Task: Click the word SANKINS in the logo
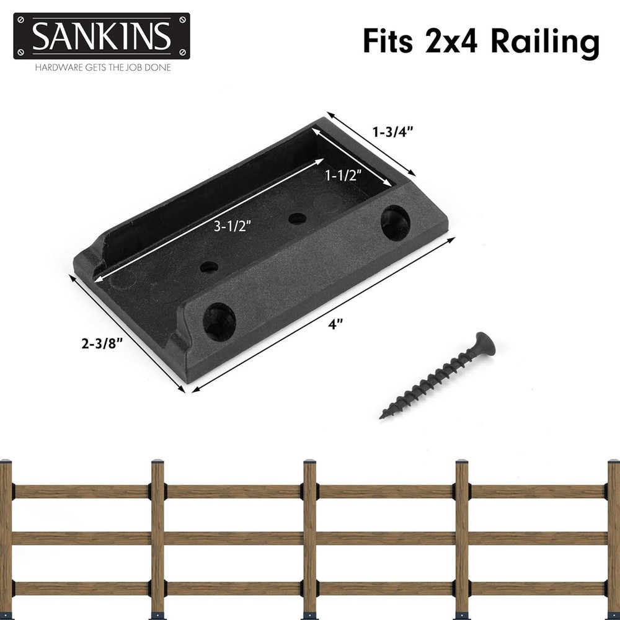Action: (101, 37)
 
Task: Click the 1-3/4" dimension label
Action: (392, 131)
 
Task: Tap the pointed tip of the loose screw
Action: (383, 416)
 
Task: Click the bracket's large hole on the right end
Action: (394, 223)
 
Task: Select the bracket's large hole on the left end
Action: (219, 321)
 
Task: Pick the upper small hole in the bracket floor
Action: (298, 218)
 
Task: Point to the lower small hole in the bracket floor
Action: (210, 267)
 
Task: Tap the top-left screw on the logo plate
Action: (20, 20)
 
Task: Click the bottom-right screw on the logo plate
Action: (183, 52)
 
